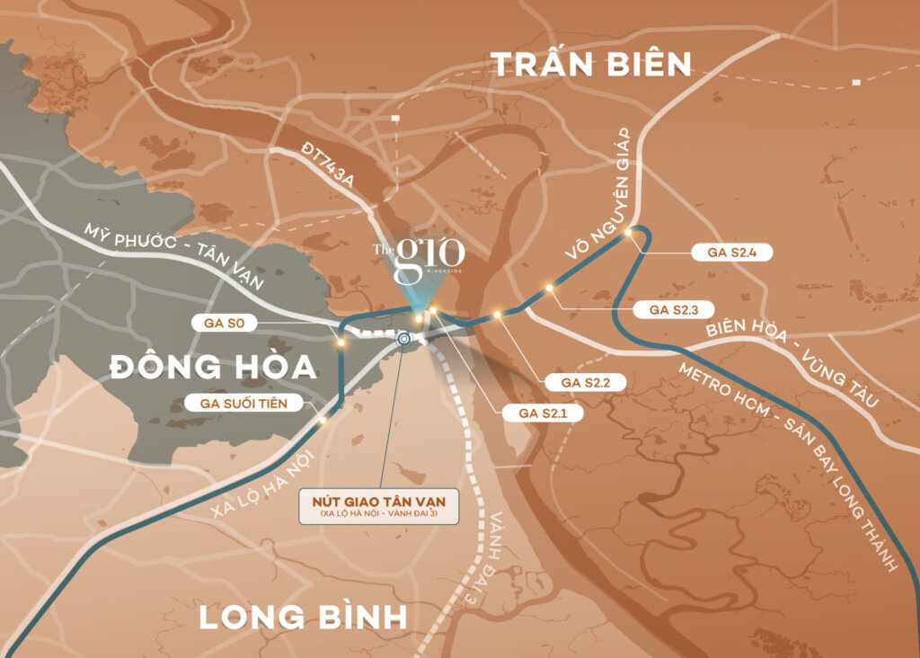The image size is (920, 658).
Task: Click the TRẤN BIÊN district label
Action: coord(591,65)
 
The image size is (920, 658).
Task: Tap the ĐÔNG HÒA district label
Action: coord(214,367)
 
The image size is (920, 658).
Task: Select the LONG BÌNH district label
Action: coord(303,618)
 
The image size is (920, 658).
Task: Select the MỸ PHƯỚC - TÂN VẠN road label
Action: coord(174,256)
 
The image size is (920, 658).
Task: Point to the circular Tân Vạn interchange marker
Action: coord(403,339)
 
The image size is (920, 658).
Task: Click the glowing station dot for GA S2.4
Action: coord(629,232)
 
